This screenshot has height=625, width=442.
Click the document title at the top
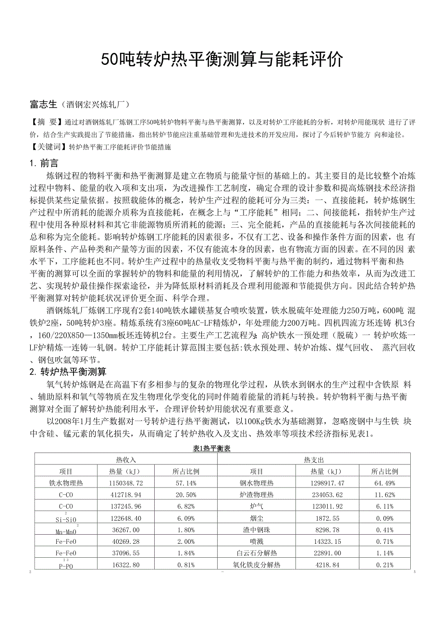[222, 60]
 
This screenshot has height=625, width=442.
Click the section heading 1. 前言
[44, 163]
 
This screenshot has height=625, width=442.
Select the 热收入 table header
[126, 459]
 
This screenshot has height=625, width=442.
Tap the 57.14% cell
[184, 483]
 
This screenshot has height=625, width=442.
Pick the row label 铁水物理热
[66, 483]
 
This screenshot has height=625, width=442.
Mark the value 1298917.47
[327, 483]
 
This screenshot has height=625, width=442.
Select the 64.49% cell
[385, 483]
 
